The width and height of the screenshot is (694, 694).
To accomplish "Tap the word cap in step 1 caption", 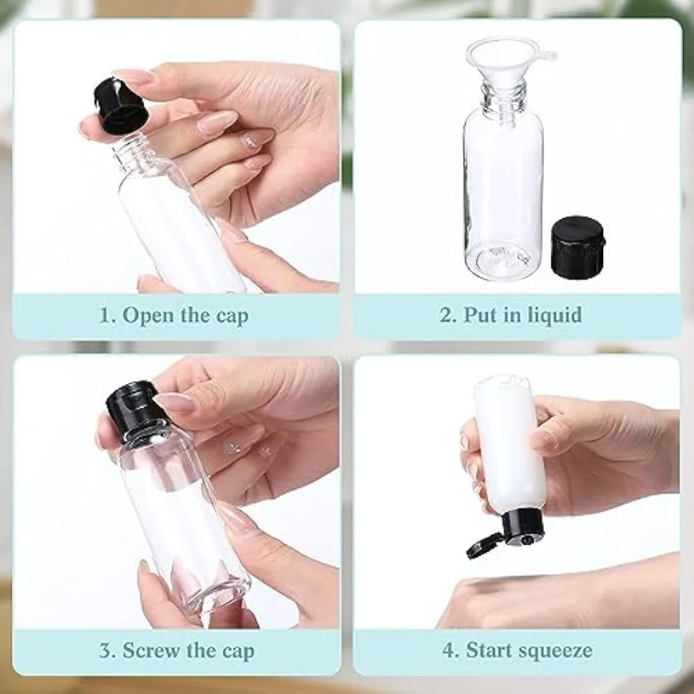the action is click(232, 317).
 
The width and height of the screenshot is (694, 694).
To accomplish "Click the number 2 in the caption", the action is click(446, 315).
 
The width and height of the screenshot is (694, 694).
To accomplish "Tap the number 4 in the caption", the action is click(448, 650).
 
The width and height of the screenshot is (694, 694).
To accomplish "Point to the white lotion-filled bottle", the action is click(507, 447).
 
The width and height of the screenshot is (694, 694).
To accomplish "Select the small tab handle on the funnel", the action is click(546, 56).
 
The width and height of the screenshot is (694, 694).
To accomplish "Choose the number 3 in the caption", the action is click(106, 651).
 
